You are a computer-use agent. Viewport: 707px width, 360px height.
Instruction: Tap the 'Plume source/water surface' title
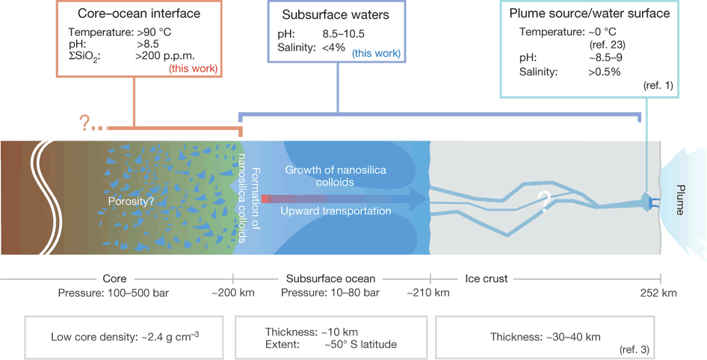pos(590,14)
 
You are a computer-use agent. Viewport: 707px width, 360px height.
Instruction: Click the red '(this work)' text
pos(193,69)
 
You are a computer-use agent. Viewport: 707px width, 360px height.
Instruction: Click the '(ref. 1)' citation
pos(657,86)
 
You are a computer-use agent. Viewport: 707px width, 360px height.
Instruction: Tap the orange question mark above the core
pos(85,123)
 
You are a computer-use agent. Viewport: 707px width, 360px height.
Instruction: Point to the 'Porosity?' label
pos(132,200)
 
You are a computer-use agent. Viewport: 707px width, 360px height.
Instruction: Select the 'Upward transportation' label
pos(336,211)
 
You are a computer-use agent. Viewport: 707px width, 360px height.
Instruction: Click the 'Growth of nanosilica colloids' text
pos(336,176)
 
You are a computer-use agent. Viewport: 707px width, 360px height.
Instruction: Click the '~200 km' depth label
pos(233,292)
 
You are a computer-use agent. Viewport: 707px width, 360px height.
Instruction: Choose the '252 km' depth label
pos(659,292)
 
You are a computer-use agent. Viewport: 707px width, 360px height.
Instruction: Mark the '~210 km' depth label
pos(429,292)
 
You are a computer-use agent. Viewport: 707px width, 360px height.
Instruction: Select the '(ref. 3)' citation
pos(633,349)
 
